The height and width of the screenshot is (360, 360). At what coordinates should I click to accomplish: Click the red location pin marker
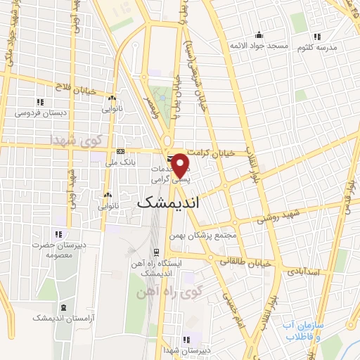tap(180, 165)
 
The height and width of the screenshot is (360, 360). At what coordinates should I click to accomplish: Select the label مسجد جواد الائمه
tap(257, 46)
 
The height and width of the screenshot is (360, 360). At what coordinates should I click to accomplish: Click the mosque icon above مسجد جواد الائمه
tap(259, 35)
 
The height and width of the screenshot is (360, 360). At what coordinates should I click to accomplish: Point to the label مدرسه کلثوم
tap(316, 46)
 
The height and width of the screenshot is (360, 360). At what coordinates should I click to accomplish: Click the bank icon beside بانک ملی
tap(120, 152)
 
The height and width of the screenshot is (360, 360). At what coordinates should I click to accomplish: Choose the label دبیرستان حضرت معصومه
tap(59, 250)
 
